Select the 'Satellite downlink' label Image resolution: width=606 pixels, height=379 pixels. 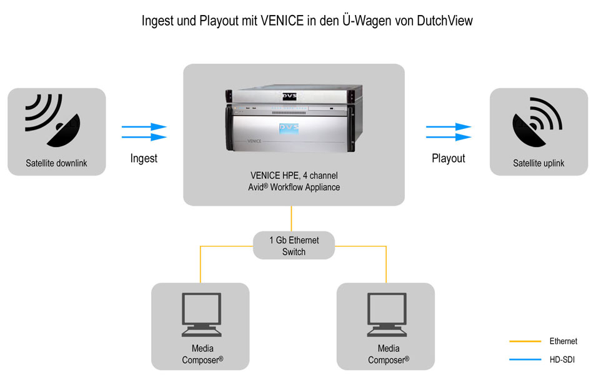point(56,164)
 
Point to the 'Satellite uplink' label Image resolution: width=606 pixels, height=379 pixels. point(539,163)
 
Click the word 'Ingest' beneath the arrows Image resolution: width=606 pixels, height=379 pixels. point(144,158)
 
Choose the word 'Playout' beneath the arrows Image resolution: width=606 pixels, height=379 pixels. point(449,158)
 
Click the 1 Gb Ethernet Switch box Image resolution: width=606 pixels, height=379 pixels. point(294,246)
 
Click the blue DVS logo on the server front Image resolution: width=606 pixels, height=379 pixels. point(289,128)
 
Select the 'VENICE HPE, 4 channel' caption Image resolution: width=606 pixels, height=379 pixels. point(294,176)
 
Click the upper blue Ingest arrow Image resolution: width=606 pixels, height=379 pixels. point(144,127)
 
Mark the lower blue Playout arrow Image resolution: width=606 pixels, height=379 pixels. point(449,136)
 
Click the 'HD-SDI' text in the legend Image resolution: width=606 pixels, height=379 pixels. point(562,360)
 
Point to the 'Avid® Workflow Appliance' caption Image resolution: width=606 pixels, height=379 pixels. point(294,187)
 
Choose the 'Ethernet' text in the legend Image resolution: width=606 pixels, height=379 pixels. point(564,341)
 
